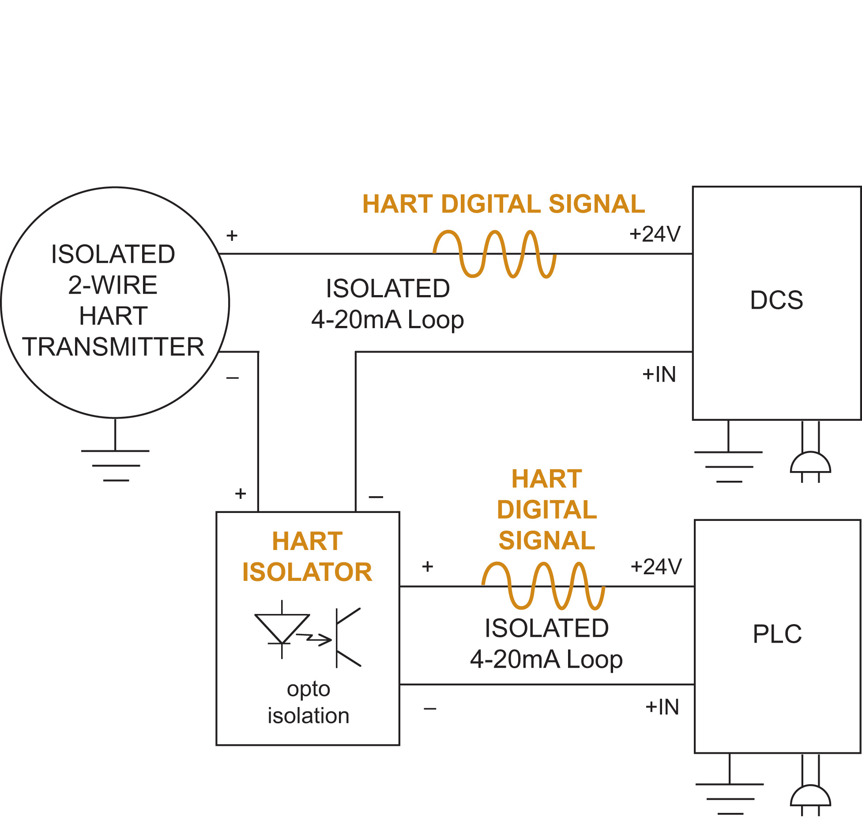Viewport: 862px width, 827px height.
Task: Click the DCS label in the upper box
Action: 776,300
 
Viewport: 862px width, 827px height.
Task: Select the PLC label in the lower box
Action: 777,634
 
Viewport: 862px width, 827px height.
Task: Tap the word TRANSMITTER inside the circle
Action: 113,347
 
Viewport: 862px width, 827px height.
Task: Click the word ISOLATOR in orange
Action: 307,572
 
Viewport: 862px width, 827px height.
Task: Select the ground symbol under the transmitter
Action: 116,465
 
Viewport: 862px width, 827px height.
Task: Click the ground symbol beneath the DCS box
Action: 729,466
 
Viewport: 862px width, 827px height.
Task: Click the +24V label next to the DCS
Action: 655,234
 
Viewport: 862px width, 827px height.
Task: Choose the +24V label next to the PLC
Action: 656,567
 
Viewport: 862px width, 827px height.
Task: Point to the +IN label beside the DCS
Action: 659,374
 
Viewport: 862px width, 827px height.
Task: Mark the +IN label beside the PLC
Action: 662,707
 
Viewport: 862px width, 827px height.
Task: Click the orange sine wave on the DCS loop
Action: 494,254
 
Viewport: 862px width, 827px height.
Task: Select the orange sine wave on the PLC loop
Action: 543,586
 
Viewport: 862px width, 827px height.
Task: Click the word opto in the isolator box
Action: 309,689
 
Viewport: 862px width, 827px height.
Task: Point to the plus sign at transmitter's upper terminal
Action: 232,236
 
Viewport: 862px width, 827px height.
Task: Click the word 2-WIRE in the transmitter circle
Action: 113,285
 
